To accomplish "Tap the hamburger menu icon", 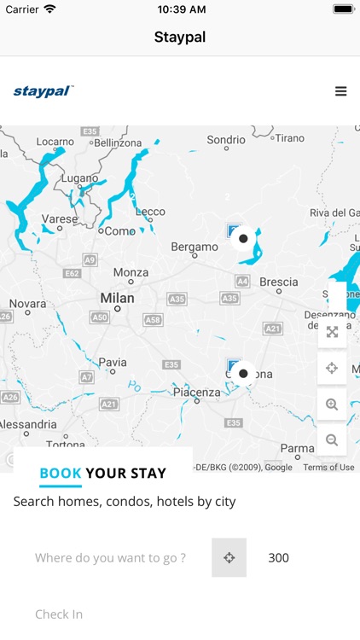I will click(340, 91).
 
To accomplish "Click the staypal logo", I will click(44, 91).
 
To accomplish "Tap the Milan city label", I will click(117, 299).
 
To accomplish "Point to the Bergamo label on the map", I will click(195, 247).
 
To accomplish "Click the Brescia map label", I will click(279, 282).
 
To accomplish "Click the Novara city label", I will click(27, 304).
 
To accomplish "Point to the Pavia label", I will click(113, 362).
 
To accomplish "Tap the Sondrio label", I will click(226, 139).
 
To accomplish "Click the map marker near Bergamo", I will click(243, 238).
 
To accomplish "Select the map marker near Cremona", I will click(243, 373).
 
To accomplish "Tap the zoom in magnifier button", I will click(332, 404).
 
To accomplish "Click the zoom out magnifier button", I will click(332, 440).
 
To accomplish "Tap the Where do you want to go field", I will click(110, 558).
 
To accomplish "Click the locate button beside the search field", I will click(229, 558).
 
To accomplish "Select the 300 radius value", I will click(278, 558).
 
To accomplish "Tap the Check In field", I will click(59, 614).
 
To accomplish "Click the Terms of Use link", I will click(328, 467).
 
